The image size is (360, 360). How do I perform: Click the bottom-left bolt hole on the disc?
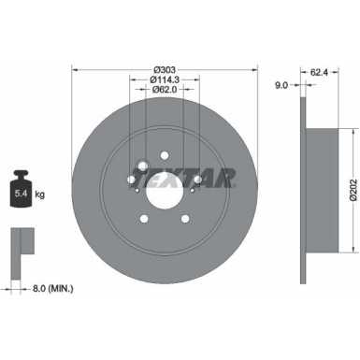click(x=143, y=220)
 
